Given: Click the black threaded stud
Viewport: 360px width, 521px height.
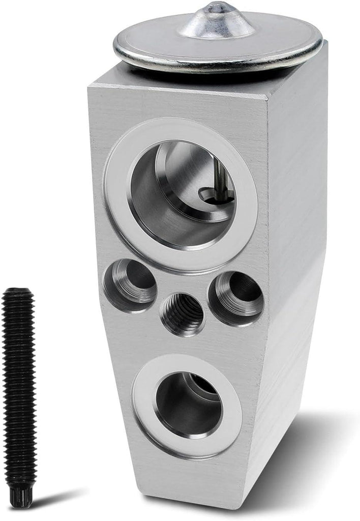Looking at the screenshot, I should (19, 387).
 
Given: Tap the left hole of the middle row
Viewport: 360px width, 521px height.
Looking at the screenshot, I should (130, 284).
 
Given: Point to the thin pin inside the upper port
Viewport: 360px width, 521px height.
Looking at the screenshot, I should (218, 176).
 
